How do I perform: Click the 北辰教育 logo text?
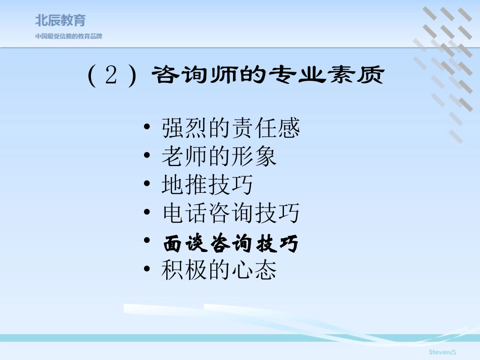pyautogui.click(x=61, y=20)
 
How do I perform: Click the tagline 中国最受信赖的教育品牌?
pyautogui.click(x=69, y=36)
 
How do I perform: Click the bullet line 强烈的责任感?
pyautogui.click(x=231, y=128)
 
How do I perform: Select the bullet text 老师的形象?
pyautogui.click(x=219, y=157)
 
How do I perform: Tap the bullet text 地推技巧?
pyautogui.click(x=208, y=185)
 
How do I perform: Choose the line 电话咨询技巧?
pyautogui.click(x=231, y=214)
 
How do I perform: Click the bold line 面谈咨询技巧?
pyautogui.click(x=231, y=244)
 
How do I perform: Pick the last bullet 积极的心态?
pyautogui.click(x=219, y=271)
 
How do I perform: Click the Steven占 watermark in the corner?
pyautogui.click(x=442, y=351)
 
